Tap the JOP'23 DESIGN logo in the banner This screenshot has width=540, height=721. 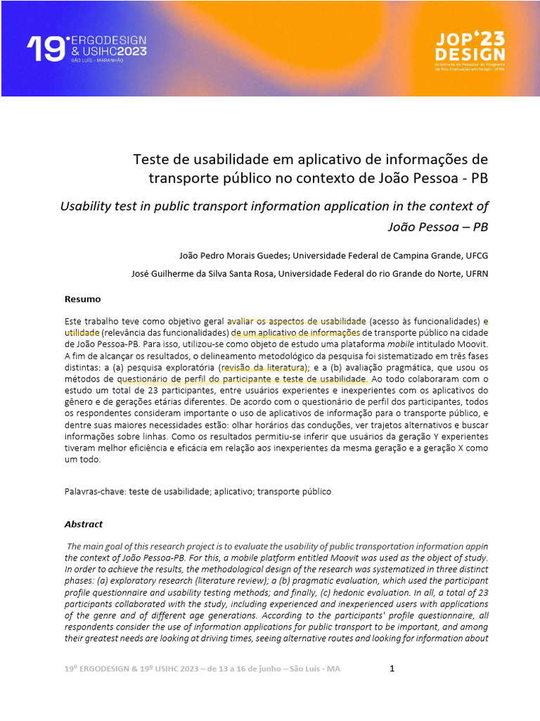469,48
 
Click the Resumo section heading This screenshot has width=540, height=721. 83,299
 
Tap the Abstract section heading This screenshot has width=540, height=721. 84,524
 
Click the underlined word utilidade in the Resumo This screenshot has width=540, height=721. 82,331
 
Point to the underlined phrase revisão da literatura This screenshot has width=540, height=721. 263,368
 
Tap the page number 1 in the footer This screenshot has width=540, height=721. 392,668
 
